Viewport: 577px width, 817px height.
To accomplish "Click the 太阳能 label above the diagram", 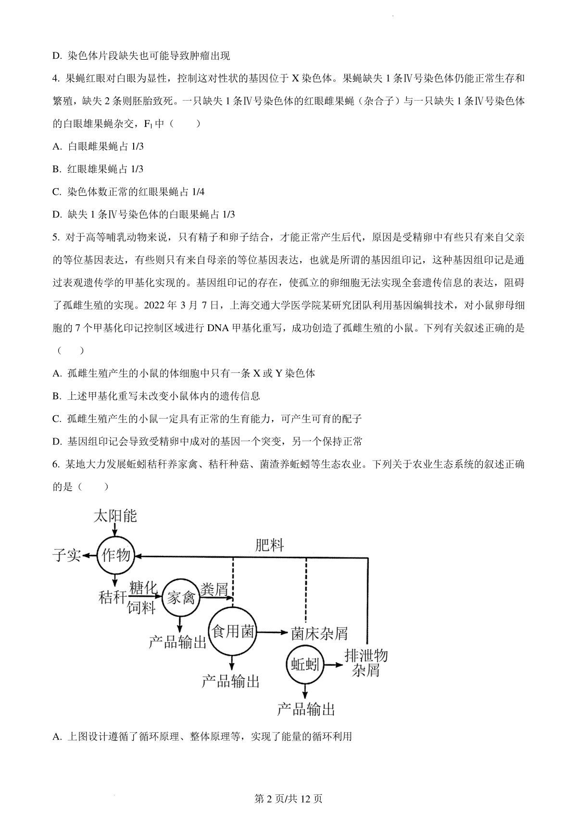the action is (115, 516).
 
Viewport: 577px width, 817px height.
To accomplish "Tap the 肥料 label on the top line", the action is (269, 546).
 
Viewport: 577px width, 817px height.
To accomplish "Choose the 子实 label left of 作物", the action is (67, 555).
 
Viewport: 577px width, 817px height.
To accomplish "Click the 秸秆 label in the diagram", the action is (113, 598).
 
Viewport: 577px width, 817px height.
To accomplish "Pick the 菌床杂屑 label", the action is (319, 634).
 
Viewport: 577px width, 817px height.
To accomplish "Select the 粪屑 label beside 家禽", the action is (214, 589).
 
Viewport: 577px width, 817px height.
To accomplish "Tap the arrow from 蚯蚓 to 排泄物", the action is (334, 665).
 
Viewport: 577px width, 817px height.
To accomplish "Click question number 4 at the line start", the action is (56, 78).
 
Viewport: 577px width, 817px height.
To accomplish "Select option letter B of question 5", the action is (56, 396).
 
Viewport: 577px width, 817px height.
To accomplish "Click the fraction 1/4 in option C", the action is (198, 192).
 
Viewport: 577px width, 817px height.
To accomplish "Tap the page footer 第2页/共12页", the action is (288, 799).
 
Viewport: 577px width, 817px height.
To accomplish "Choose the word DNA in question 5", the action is (218, 328).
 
